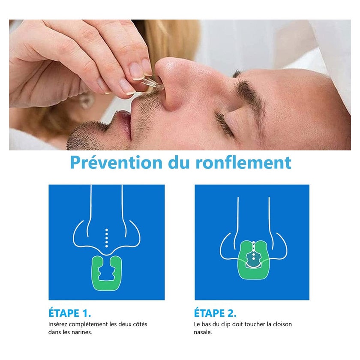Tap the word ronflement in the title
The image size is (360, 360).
[x=243, y=162]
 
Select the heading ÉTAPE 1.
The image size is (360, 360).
[x=69, y=313]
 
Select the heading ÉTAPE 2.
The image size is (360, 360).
[x=215, y=313]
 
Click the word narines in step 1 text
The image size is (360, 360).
[x=83, y=332]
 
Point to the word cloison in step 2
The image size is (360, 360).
[x=282, y=324]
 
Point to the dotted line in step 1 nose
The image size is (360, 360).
[x=107, y=238]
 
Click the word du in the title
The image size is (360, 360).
[x=179, y=162]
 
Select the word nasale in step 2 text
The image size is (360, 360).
[x=203, y=332]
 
